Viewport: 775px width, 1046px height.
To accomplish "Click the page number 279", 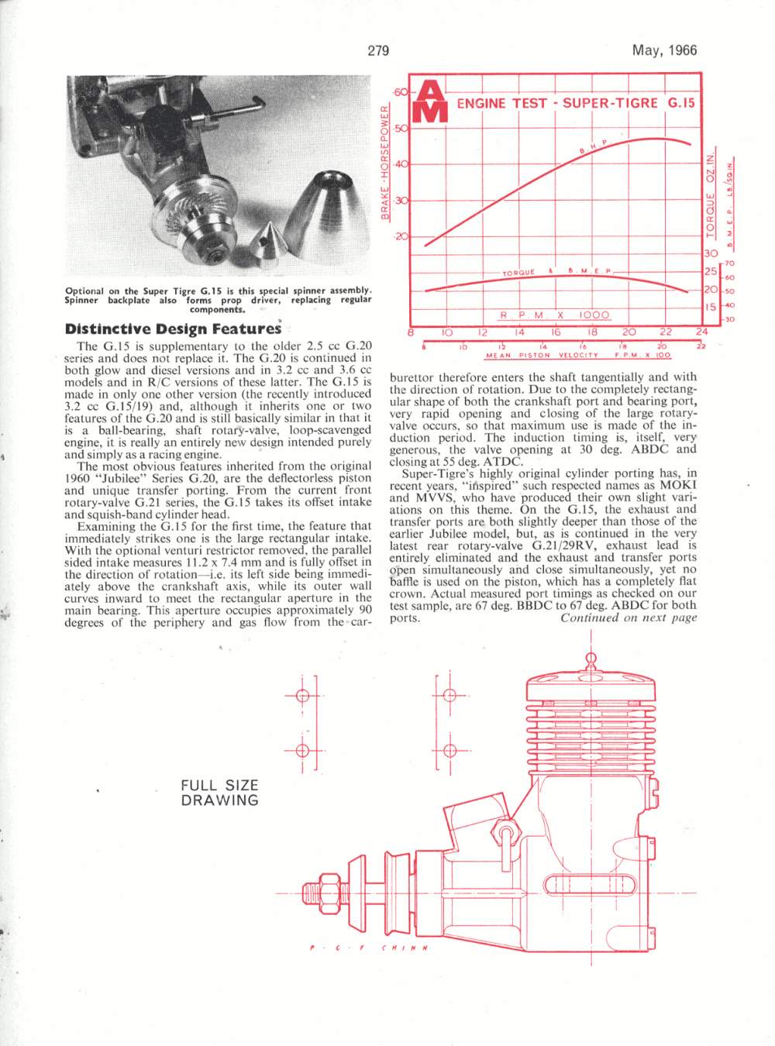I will pos(378,51).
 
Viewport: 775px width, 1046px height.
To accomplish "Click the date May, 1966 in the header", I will pos(664,51).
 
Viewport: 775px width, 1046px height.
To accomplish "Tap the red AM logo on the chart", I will pos(431,102).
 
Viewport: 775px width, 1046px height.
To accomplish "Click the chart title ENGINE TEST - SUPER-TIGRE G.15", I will pos(576,103).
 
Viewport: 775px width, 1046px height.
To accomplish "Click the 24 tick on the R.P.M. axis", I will pos(701,332).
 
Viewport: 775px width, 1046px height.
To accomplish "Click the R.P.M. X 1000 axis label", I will pos(555,315).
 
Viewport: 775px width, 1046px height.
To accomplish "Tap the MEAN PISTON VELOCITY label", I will pos(542,356).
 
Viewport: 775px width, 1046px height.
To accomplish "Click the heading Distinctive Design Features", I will pos(172,329).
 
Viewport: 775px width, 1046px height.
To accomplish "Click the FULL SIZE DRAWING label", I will pos(219,793).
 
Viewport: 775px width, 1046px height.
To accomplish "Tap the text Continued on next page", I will pos(629,618).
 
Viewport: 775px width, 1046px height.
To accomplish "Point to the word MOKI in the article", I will pos(680,485).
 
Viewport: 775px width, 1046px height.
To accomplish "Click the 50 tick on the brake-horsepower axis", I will pos(400,129).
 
